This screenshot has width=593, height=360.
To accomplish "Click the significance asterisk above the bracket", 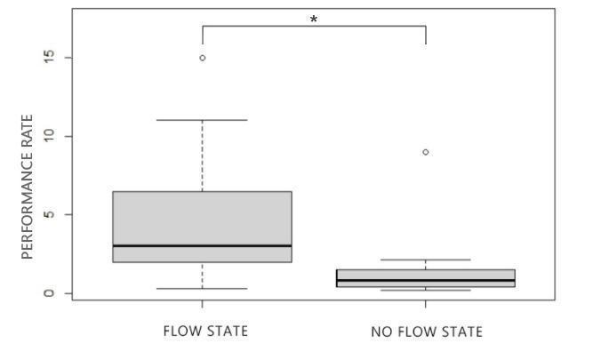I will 314,19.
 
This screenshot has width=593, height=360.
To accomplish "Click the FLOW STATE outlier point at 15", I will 203,58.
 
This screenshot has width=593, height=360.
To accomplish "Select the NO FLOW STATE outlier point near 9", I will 426,152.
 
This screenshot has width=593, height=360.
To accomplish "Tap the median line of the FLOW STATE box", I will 203,245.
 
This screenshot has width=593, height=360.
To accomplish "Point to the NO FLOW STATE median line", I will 426,280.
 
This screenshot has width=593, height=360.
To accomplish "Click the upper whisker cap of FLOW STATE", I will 203,120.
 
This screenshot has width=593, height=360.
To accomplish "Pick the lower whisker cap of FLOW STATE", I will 203,288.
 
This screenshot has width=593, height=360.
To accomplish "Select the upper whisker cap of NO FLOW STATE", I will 426,260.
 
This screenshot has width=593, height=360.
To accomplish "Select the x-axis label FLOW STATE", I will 205,332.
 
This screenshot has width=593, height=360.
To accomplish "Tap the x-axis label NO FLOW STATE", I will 427,332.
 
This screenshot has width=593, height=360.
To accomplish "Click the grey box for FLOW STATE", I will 203,218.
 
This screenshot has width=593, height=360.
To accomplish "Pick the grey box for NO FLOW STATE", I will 426,275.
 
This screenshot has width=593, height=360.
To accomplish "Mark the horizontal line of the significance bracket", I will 314,26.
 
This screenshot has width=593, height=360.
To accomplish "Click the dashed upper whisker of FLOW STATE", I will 203,156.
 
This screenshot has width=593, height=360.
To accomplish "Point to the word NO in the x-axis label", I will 381,332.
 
